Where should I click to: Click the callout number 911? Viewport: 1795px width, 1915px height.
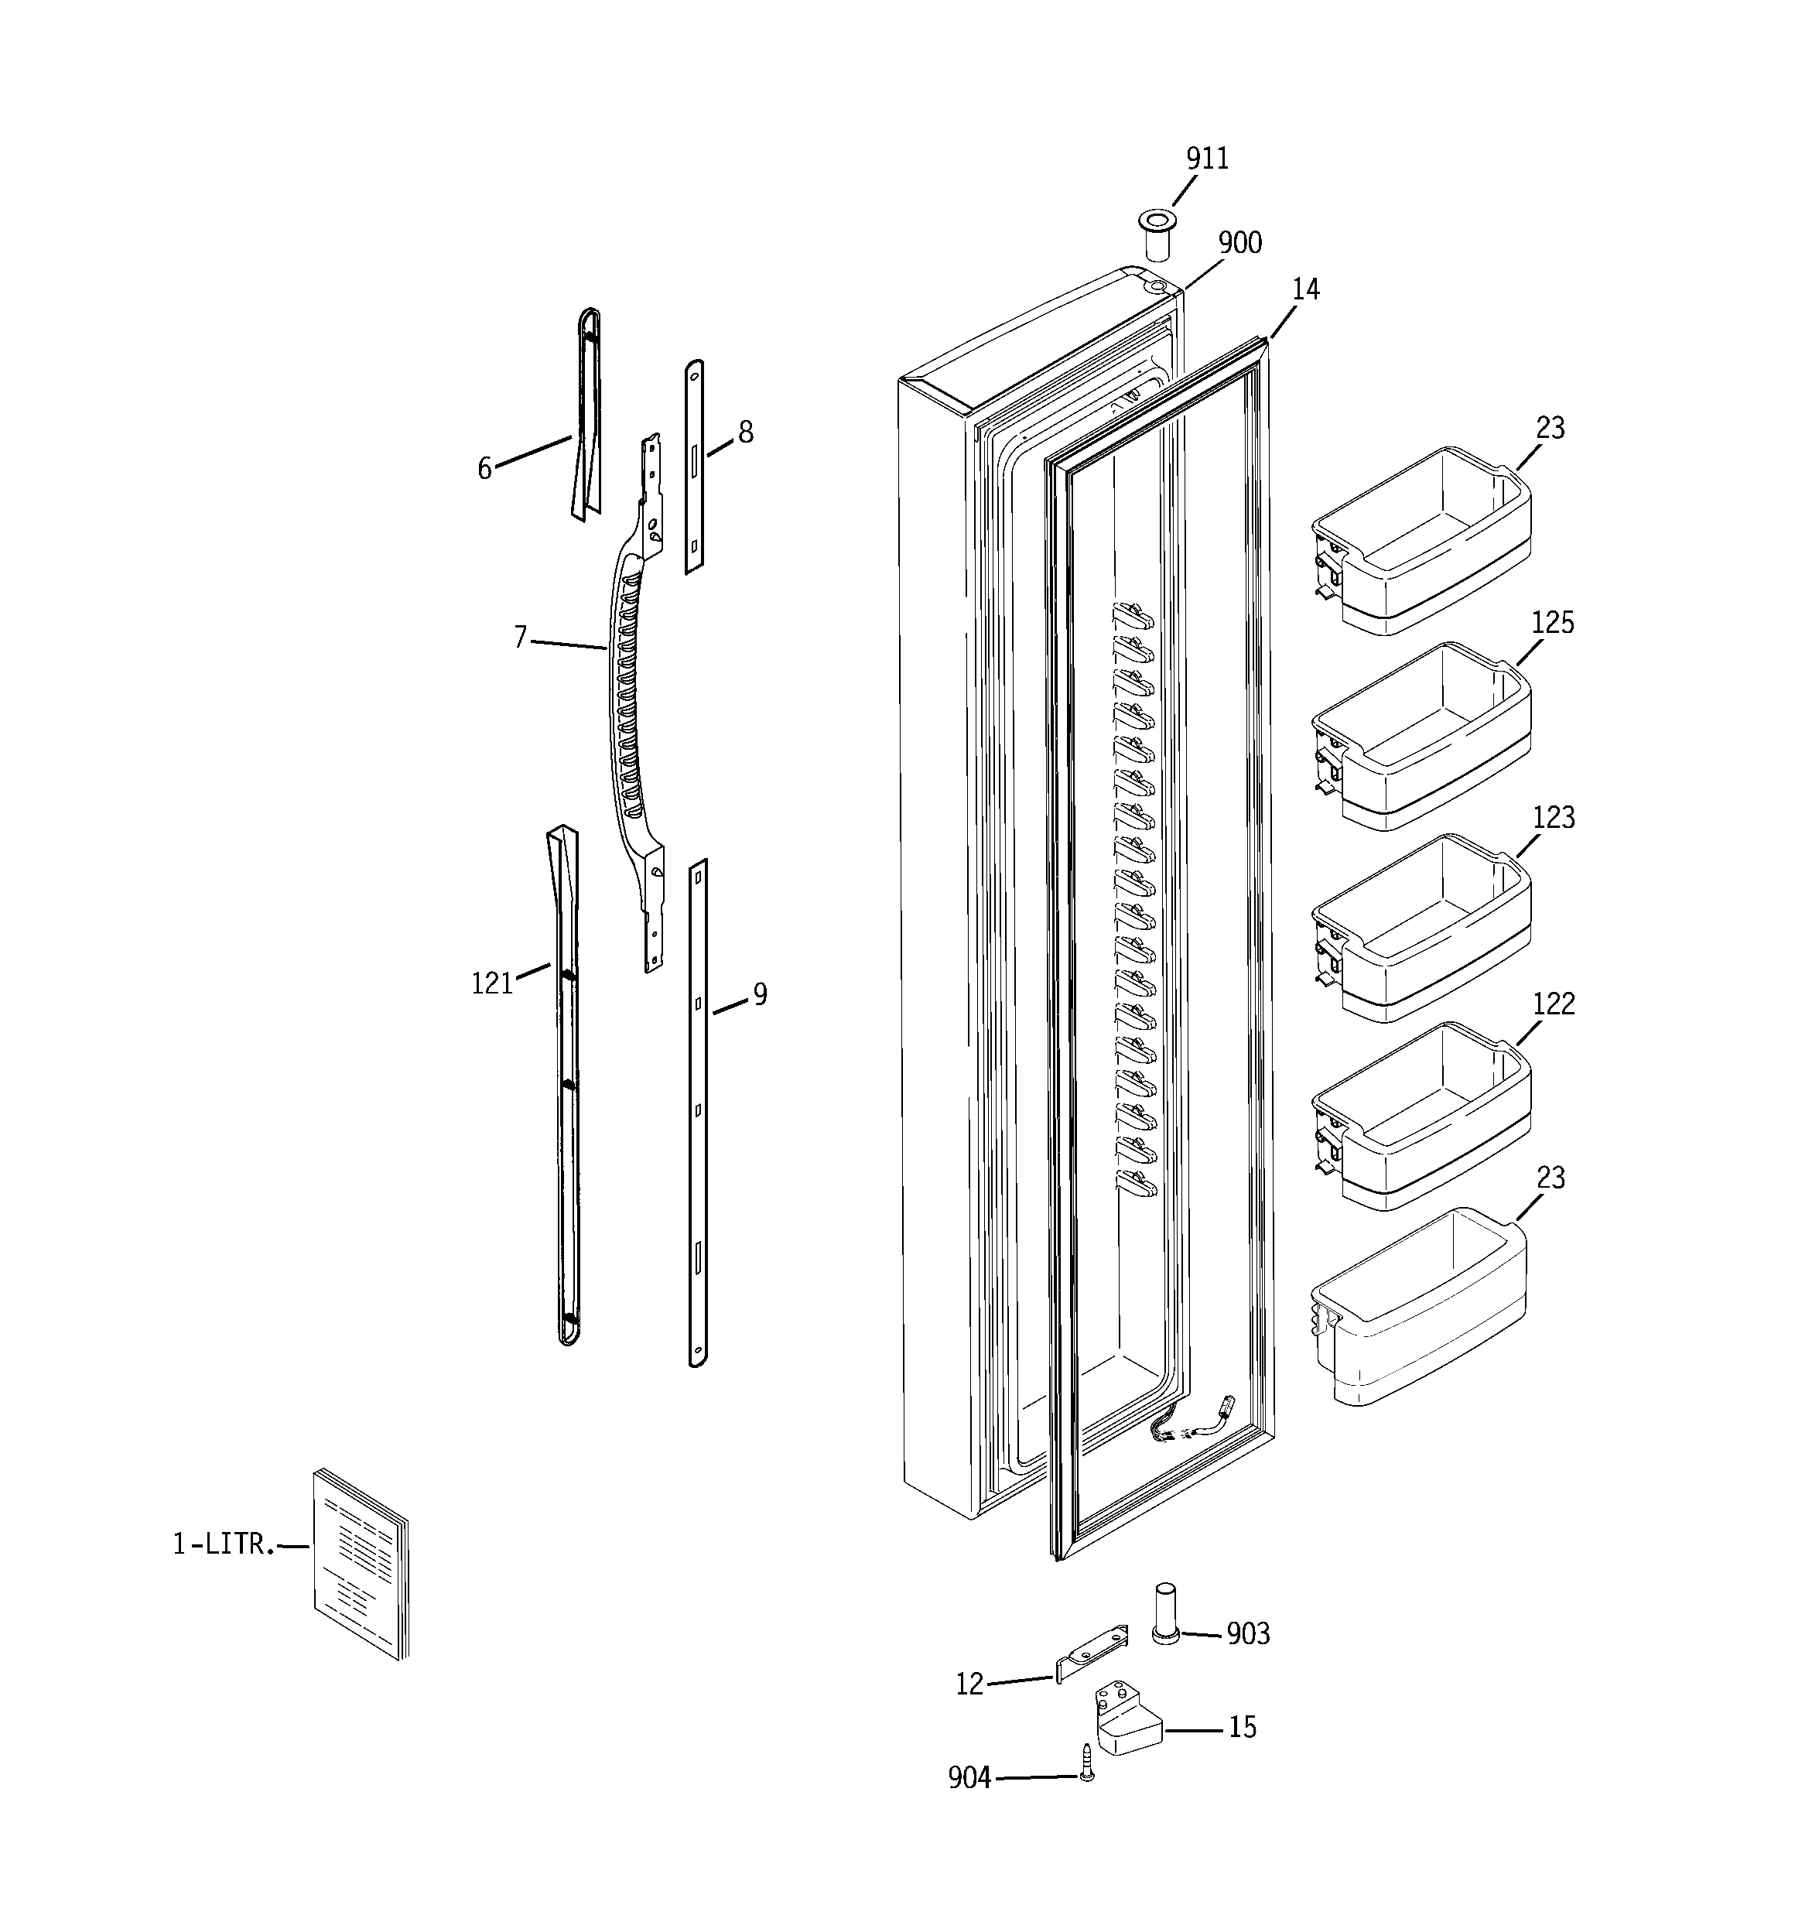click(1206, 159)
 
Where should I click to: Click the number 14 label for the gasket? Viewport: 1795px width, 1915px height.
click(1304, 289)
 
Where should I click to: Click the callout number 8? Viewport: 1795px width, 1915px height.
click(745, 433)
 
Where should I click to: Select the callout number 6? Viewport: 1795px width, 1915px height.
click(484, 468)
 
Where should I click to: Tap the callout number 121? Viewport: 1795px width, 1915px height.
click(491, 983)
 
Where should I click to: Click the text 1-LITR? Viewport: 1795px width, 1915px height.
click(224, 1545)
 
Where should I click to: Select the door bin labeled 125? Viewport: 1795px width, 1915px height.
click(1421, 736)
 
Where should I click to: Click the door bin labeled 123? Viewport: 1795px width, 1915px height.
click(1421, 928)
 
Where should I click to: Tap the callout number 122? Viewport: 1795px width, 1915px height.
click(1552, 1004)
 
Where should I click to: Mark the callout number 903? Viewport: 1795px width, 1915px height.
click(1248, 1633)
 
